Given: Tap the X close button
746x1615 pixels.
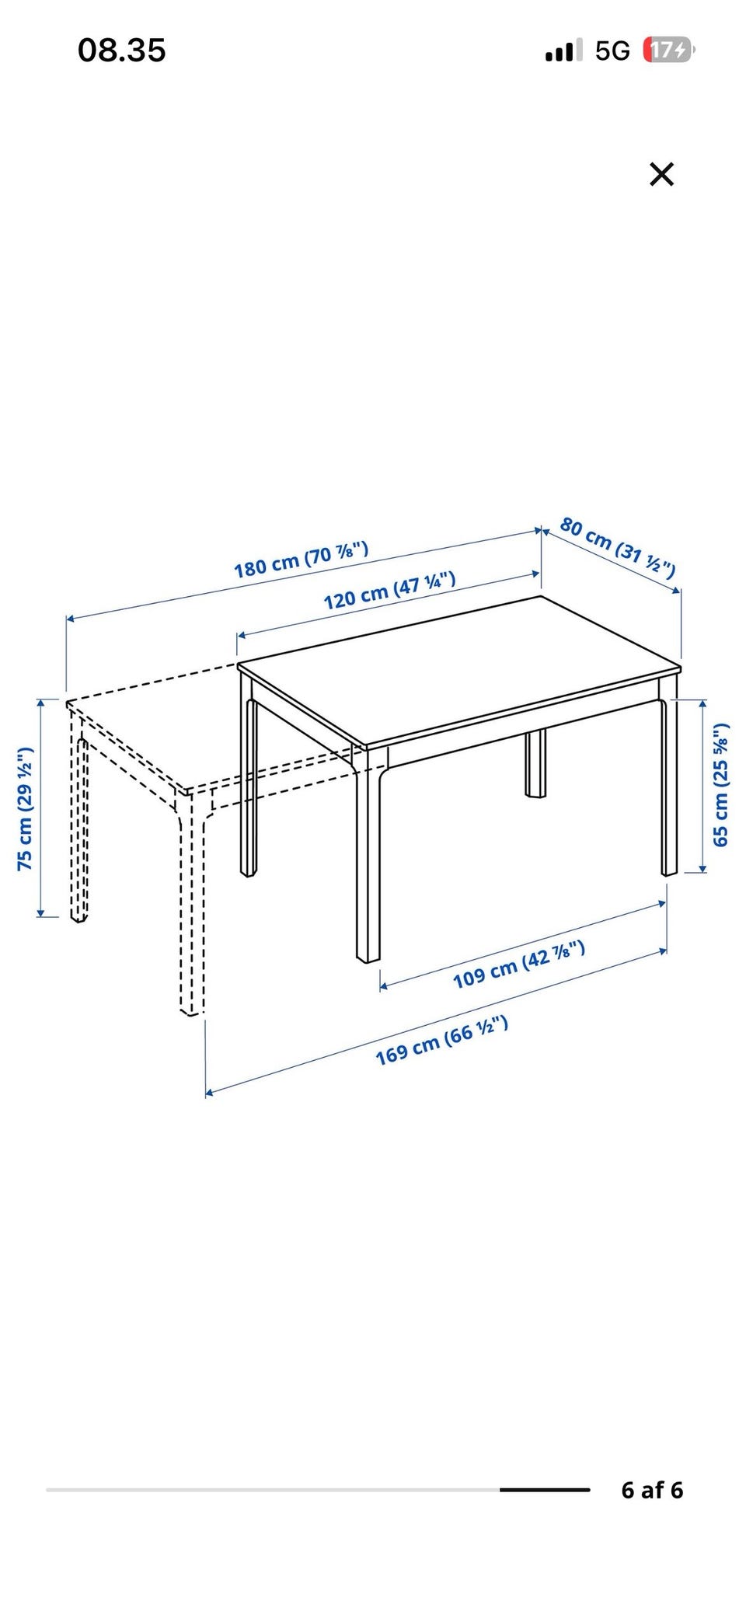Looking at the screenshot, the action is click(x=661, y=174).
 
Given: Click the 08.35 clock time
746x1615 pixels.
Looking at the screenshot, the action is click(x=122, y=51).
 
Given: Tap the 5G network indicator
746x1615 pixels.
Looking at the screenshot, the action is click(x=612, y=51).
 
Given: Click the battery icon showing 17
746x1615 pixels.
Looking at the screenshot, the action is click(x=668, y=51).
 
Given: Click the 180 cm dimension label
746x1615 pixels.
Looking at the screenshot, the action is click(x=301, y=560).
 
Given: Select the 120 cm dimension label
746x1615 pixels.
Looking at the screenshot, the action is click(x=389, y=590).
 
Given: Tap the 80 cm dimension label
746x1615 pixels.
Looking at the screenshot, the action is click(x=618, y=547).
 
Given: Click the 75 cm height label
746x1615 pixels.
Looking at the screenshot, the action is click(x=26, y=808).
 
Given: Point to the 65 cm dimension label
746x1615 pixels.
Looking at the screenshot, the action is click(x=720, y=784).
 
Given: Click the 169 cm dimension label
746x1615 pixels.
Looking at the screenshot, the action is click(x=442, y=1040).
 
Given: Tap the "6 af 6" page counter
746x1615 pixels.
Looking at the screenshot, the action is click(x=652, y=1490).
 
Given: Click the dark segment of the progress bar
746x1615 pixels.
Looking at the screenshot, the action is click(x=545, y=1490).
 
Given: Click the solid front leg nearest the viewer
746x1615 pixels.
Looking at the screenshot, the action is click(x=368, y=855).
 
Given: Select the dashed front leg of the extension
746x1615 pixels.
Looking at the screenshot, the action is click(x=191, y=905).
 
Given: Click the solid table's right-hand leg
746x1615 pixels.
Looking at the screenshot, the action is click(x=669, y=785).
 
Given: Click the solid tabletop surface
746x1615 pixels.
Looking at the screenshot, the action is click(x=459, y=668).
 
